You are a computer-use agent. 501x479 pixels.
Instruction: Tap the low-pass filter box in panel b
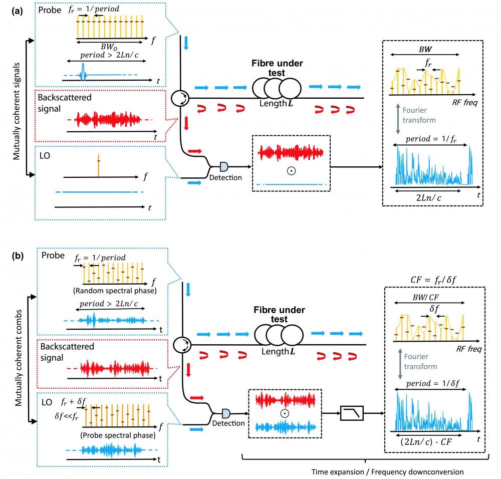351,413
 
